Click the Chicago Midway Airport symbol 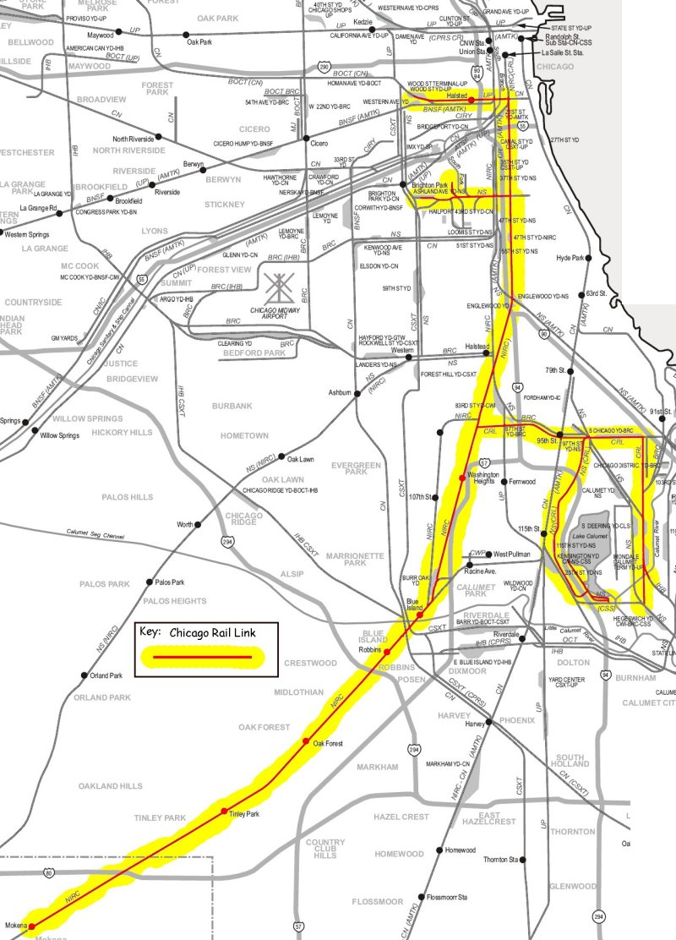pyautogui.click(x=277, y=290)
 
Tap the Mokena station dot pyautogui.click(x=32, y=926)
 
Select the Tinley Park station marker pyautogui.click(x=224, y=812)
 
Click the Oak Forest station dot pyautogui.click(x=306, y=741)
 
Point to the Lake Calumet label pyautogui.click(x=589, y=537)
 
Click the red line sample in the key pyautogui.click(x=202, y=656)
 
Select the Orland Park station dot pyautogui.click(x=84, y=675)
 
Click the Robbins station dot pyautogui.click(x=387, y=653)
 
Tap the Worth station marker pyautogui.click(x=198, y=525)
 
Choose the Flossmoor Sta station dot pyautogui.click(x=421, y=898)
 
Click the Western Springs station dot pyautogui.click(x=2, y=232)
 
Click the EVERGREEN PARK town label pyautogui.click(x=355, y=472)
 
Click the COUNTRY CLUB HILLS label pyautogui.click(x=325, y=849)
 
